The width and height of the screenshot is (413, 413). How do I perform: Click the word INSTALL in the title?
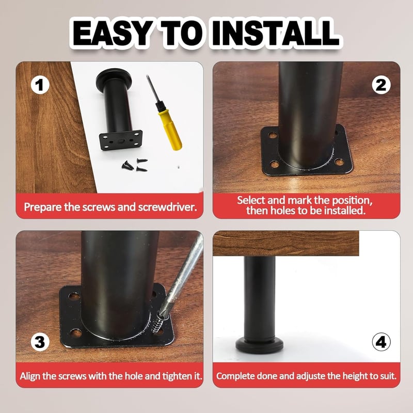[x=275, y=33]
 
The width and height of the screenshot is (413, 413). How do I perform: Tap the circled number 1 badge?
[x=40, y=85]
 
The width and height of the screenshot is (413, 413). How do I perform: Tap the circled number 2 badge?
[x=381, y=85]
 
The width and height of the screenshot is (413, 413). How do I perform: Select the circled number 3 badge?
[x=40, y=342]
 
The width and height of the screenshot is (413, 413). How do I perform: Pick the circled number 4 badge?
[x=381, y=342]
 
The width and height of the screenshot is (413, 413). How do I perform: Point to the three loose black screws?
[x=135, y=165]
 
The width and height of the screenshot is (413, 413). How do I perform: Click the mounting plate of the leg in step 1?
[x=121, y=140]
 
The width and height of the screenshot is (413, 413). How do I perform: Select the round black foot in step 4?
[x=260, y=345]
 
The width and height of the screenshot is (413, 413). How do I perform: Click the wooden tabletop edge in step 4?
[x=286, y=243]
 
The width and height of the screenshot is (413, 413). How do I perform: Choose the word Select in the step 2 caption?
[x=251, y=200]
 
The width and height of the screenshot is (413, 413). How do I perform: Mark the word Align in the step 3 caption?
[x=30, y=376]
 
